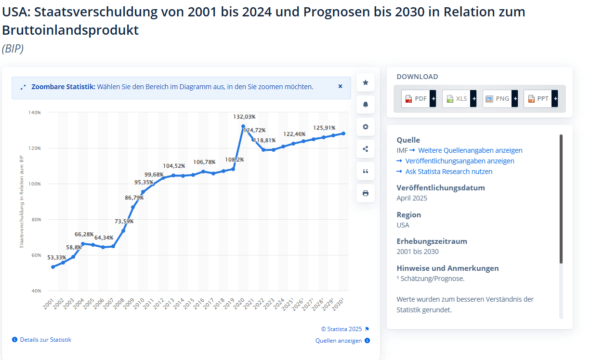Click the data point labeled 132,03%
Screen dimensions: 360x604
tap(243, 126)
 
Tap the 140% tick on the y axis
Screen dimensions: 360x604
tap(35, 112)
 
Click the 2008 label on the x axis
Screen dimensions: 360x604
tap(118, 304)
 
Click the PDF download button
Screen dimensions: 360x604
tap(419, 99)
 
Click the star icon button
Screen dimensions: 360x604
tap(366, 83)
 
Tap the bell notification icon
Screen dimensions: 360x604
tap(366, 105)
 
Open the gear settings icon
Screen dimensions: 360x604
tap(366, 127)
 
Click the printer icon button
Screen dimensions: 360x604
tap(366, 193)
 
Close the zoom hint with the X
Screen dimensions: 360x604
tap(340, 87)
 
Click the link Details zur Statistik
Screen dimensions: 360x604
tap(45, 340)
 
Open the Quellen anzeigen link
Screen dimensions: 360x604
tap(339, 341)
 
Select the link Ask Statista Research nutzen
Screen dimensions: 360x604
tap(448, 172)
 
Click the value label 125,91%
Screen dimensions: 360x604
tap(324, 128)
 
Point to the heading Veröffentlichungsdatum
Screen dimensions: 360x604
tap(441, 187)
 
